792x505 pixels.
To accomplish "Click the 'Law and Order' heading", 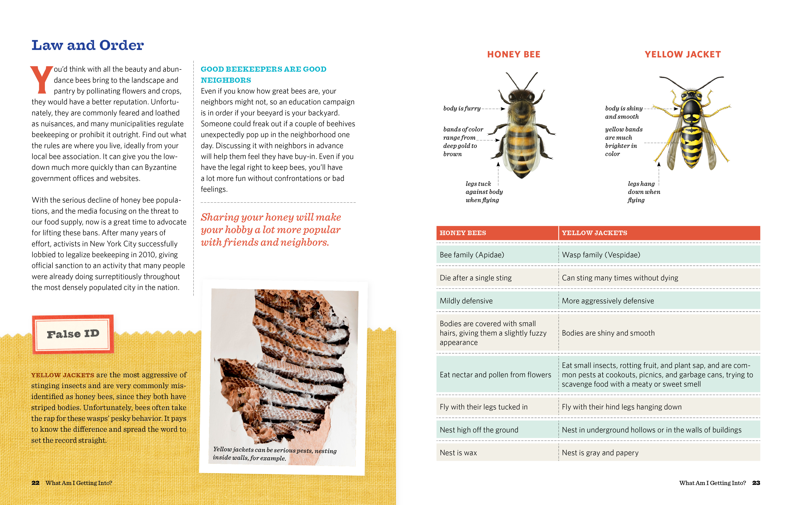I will coord(88,45).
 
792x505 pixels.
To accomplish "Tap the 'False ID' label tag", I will coord(73,334).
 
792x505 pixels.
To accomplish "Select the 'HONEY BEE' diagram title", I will coord(513,55).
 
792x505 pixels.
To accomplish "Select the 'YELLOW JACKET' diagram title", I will coord(682,55).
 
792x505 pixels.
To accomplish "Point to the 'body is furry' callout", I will coord(462,108).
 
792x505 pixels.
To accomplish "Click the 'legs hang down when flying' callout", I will coord(643,192).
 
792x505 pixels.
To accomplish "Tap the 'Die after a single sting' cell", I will coord(476,278).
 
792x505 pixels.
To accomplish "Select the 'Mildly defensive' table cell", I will coord(466,301).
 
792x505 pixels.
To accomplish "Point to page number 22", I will coord(36,483).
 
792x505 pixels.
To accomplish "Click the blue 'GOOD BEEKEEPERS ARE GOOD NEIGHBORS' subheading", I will coord(263,74).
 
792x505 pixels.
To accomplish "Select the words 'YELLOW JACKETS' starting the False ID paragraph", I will coord(62,375).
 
